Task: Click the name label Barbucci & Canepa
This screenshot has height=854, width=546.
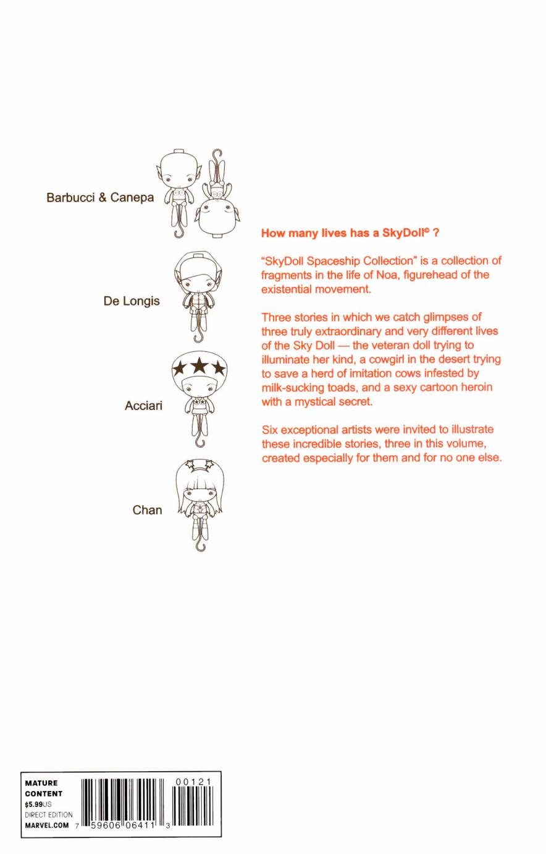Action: (100, 198)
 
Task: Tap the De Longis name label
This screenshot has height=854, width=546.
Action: (132, 301)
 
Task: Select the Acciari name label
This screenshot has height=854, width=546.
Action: (143, 406)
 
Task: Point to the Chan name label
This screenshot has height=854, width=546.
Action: (147, 510)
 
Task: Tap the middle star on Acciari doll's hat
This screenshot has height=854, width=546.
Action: (198, 367)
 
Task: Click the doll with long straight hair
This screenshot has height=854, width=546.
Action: (199, 501)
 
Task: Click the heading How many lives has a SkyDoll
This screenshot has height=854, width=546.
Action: (350, 233)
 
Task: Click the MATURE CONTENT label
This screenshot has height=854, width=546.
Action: (43, 788)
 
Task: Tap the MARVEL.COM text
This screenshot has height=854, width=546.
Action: (47, 825)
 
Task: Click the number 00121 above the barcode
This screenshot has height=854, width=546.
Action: (193, 782)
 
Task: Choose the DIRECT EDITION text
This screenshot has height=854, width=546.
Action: (48, 814)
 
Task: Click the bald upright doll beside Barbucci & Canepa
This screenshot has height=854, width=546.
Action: (178, 192)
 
